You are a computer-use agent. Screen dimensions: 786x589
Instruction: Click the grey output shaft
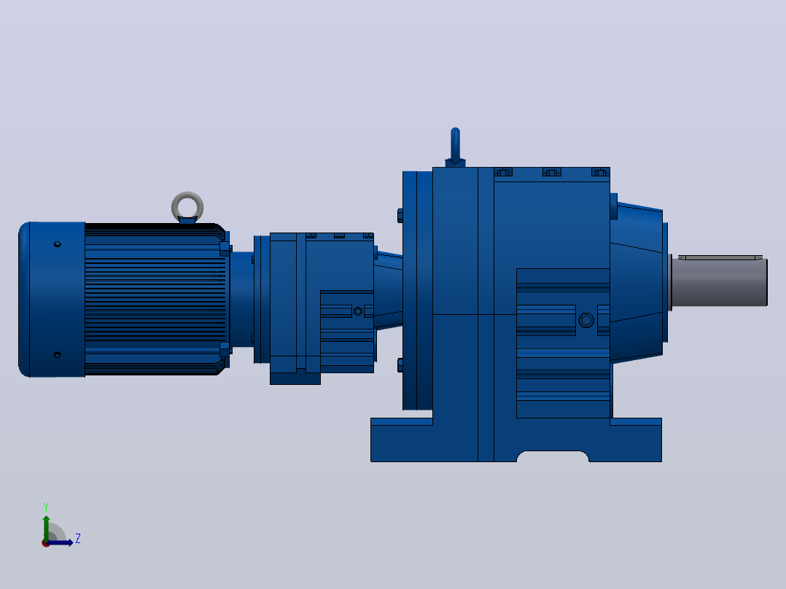[719, 281]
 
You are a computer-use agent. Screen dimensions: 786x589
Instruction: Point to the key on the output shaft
[720, 257]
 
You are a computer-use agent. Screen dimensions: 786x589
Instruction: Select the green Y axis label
[46, 507]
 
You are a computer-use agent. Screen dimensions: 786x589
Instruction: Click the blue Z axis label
[78, 539]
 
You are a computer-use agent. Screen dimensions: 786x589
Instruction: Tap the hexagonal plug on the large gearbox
[586, 320]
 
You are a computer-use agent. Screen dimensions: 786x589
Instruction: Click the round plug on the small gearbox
[358, 311]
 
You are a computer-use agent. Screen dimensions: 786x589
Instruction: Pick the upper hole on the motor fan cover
[57, 244]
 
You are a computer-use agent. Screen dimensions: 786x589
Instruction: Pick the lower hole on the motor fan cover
[57, 355]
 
